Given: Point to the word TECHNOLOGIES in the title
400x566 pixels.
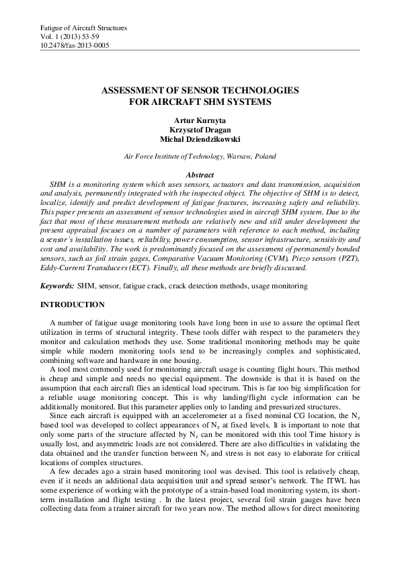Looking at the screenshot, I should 256,90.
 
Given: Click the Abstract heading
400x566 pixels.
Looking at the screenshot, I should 199,175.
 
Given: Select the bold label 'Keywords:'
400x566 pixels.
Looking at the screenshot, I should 56,286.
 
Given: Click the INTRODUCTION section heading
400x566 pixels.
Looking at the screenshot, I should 71,305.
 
